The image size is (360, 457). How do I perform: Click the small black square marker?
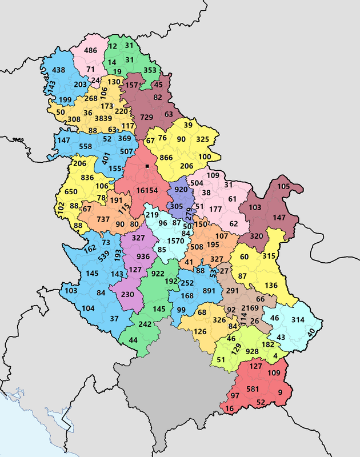click(147, 166)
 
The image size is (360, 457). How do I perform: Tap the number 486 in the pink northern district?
click(91, 51)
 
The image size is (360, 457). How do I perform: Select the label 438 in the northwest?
click(59, 70)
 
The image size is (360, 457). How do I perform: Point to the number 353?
click(150, 71)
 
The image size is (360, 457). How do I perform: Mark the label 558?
click(85, 146)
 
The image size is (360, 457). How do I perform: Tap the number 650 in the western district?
click(71, 192)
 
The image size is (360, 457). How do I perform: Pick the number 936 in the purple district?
click(143, 256)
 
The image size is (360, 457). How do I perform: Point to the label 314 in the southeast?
click(298, 319)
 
